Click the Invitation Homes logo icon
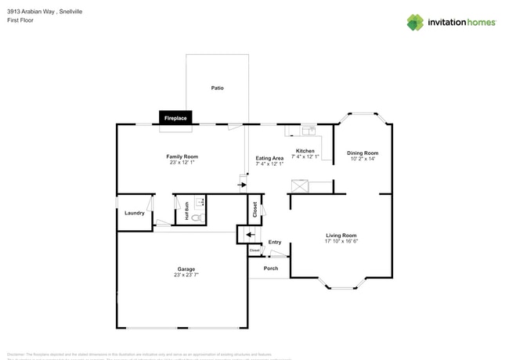click(415, 23)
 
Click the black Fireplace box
click(175, 118)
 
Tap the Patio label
click(218, 88)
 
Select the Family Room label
click(182, 157)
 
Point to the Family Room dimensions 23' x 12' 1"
click(182, 163)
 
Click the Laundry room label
click(134, 213)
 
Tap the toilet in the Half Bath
click(198, 217)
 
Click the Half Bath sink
click(197, 201)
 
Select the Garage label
click(186, 268)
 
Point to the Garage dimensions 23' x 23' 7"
click(186, 275)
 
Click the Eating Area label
click(269, 158)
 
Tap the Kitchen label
click(305, 151)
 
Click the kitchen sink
click(309, 129)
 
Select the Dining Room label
click(363, 153)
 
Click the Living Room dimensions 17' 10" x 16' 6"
click(341, 242)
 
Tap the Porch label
click(271, 268)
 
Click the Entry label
click(274, 243)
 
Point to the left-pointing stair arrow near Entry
click(249, 233)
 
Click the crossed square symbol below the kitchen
click(299, 186)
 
